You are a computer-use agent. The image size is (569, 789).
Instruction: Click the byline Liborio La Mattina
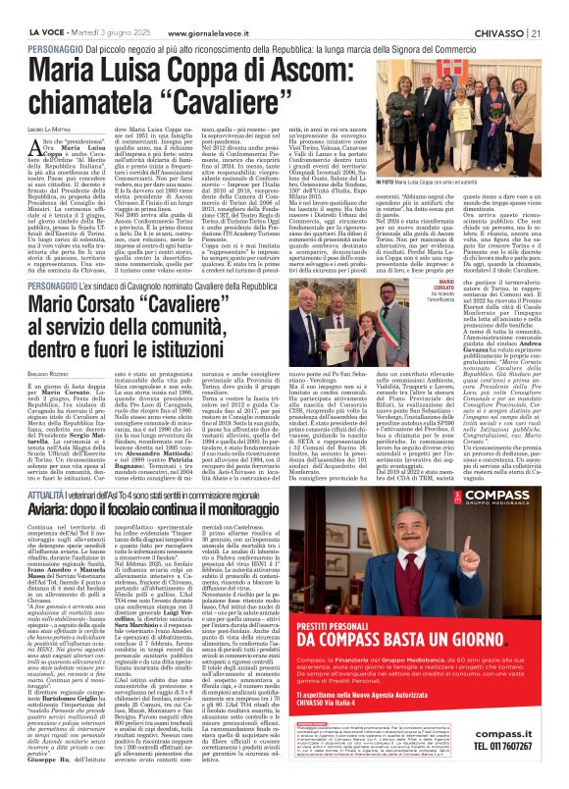click(x=42, y=104)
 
